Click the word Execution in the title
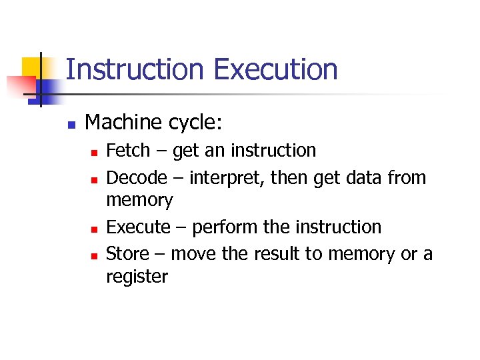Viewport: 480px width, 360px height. click(275, 69)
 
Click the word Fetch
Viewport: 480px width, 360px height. click(128, 151)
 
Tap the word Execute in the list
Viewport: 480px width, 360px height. click(139, 227)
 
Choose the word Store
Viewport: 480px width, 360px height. click(129, 254)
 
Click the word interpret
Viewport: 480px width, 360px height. click(225, 178)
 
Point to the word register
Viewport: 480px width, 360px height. click(137, 277)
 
